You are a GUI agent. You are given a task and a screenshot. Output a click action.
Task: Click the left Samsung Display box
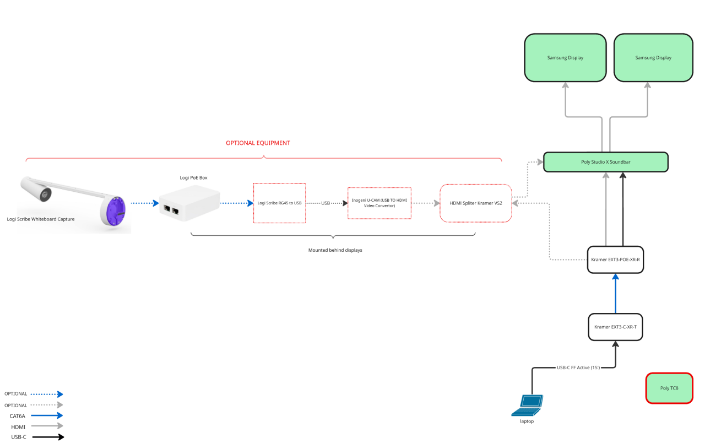(565, 58)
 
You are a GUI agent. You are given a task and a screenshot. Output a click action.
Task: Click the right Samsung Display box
(653, 58)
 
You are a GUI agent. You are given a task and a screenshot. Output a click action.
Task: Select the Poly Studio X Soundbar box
(605, 162)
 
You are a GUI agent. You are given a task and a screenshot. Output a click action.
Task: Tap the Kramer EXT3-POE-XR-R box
(615, 259)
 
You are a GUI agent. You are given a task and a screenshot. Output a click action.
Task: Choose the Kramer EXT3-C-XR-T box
(615, 327)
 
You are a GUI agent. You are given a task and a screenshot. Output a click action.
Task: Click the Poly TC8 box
(669, 388)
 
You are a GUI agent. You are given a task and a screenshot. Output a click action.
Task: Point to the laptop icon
(527, 405)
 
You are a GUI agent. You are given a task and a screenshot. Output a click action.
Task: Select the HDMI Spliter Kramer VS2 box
(476, 203)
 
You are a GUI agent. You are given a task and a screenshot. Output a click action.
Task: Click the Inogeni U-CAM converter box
(379, 203)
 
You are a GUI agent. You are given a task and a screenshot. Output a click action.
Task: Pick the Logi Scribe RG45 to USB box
(279, 203)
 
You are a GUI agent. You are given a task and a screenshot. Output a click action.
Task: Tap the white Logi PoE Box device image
(189, 203)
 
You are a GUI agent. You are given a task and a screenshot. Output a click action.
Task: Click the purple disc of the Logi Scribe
(114, 210)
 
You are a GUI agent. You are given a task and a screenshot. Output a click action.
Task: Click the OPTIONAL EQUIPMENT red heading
(258, 143)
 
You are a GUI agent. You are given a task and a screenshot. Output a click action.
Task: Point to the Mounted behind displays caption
(335, 250)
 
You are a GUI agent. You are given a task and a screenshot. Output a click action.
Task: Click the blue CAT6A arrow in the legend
(47, 416)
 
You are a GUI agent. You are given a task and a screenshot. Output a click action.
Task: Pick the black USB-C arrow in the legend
(47, 437)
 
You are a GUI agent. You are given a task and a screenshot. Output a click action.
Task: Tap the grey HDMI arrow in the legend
(47, 426)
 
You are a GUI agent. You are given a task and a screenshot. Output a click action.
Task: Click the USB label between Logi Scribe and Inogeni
(326, 203)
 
